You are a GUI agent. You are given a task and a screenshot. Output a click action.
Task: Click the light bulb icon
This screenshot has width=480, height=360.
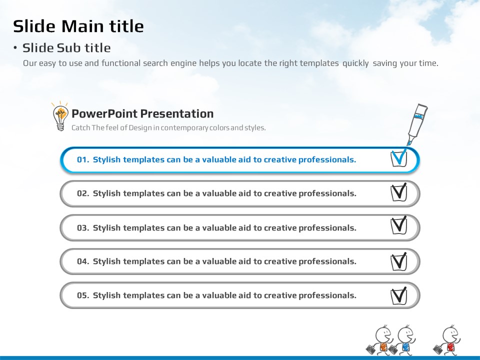click(60, 116)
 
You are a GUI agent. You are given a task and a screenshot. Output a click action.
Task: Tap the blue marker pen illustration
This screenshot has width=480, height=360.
click(417, 124)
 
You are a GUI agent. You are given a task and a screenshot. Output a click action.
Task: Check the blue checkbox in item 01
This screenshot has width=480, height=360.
click(399, 158)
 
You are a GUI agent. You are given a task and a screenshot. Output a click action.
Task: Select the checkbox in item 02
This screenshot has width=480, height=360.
click(399, 192)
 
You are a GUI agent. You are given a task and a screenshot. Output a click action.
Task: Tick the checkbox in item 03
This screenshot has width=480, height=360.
click(399, 225)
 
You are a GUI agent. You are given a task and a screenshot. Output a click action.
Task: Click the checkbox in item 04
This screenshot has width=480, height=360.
click(399, 261)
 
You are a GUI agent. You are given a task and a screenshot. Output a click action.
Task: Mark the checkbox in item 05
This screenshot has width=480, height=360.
click(399, 296)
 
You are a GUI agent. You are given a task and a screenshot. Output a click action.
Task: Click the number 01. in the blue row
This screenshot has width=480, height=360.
click(83, 160)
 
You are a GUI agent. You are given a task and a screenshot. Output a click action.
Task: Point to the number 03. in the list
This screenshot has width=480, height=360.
click(83, 228)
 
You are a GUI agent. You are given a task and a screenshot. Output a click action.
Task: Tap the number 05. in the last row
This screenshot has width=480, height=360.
click(83, 295)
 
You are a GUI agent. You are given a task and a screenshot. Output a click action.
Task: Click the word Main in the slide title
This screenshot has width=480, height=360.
click(82, 26)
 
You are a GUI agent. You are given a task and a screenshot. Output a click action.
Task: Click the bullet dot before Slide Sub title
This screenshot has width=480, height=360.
click(15, 48)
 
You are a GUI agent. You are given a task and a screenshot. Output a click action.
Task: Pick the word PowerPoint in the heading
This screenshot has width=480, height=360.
click(104, 114)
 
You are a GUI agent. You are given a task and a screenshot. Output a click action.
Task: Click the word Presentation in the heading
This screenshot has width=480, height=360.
click(177, 114)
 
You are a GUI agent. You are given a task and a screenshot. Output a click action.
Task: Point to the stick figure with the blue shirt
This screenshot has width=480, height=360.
click(403, 340)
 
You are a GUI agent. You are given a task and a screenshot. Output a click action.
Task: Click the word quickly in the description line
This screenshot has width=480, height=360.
click(355, 63)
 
